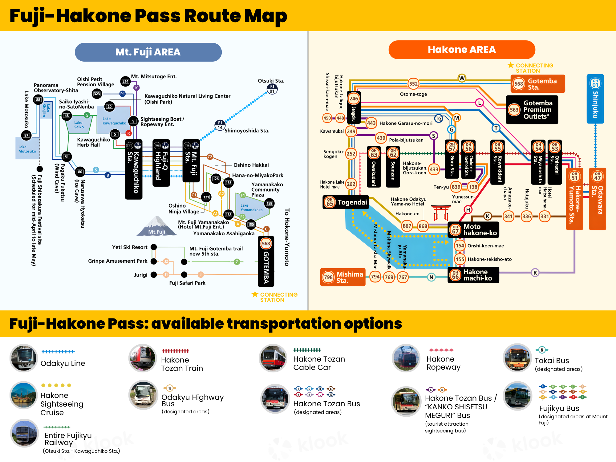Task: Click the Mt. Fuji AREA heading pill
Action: coord(148,52)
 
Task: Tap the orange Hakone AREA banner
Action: coord(462,50)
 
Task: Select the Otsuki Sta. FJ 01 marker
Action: coord(272,89)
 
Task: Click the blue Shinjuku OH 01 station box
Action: coord(595,99)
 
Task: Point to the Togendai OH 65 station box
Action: coord(346,202)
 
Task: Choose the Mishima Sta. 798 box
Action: coord(343,277)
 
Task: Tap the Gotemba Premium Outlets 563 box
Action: coord(532,110)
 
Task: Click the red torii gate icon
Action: coord(441,213)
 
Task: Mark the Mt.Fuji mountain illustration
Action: coord(157,226)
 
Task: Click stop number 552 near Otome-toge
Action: coord(413,83)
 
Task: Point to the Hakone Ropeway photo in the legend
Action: coord(406,358)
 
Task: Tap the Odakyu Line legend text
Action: coord(63,363)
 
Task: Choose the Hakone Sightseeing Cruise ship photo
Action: coord(24,395)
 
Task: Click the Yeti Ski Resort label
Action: coord(130,247)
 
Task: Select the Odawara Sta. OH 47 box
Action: coord(597,199)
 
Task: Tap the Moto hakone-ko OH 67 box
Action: coord(473,230)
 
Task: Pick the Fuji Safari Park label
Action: coord(187,283)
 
